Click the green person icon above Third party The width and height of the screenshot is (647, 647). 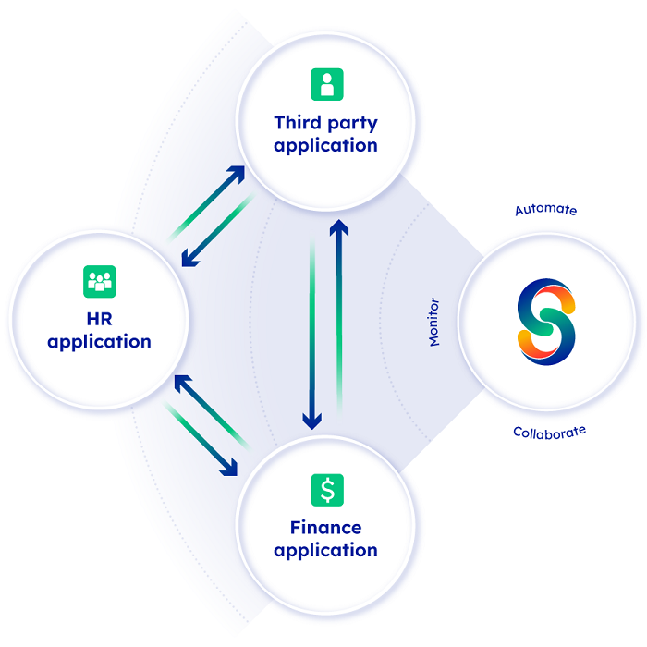tap(325, 85)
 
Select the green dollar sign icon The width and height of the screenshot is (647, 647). tap(326, 489)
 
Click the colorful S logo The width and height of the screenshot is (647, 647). tap(546, 321)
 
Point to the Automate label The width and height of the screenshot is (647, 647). tap(545, 210)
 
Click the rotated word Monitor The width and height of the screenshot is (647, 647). tap(434, 322)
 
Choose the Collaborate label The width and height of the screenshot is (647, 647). tap(549, 432)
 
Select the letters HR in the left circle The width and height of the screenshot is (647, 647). tap(99, 318)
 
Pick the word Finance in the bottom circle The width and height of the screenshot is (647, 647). tap(325, 528)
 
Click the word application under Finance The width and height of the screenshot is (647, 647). tap(325, 551)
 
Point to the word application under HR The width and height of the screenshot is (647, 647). tap(99, 342)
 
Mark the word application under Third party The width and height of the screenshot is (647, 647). tap(325, 146)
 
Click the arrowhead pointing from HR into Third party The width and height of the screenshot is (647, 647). tap(238, 172)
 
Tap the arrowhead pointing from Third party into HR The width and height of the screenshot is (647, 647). tap(188, 261)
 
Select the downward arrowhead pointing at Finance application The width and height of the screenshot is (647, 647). tap(312, 423)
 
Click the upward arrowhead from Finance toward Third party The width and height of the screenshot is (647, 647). tap(339, 225)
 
